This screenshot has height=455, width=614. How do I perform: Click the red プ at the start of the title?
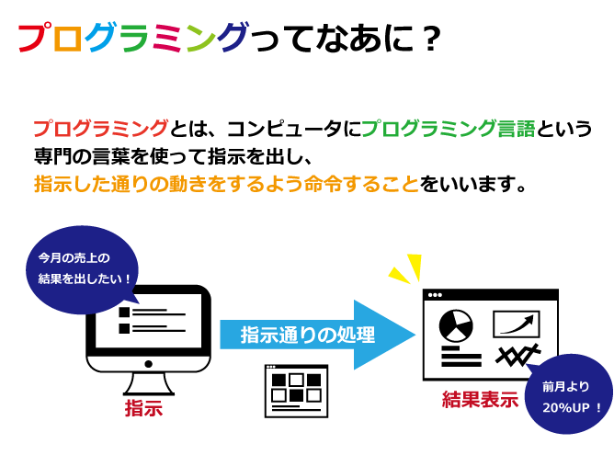click(35, 39)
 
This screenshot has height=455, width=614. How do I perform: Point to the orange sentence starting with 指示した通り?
click(225, 183)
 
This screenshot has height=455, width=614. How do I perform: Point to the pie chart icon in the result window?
click(455, 324)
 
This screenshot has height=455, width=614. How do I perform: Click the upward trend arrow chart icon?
click(517, 324)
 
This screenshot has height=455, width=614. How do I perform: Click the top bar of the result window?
click(490, 295)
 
